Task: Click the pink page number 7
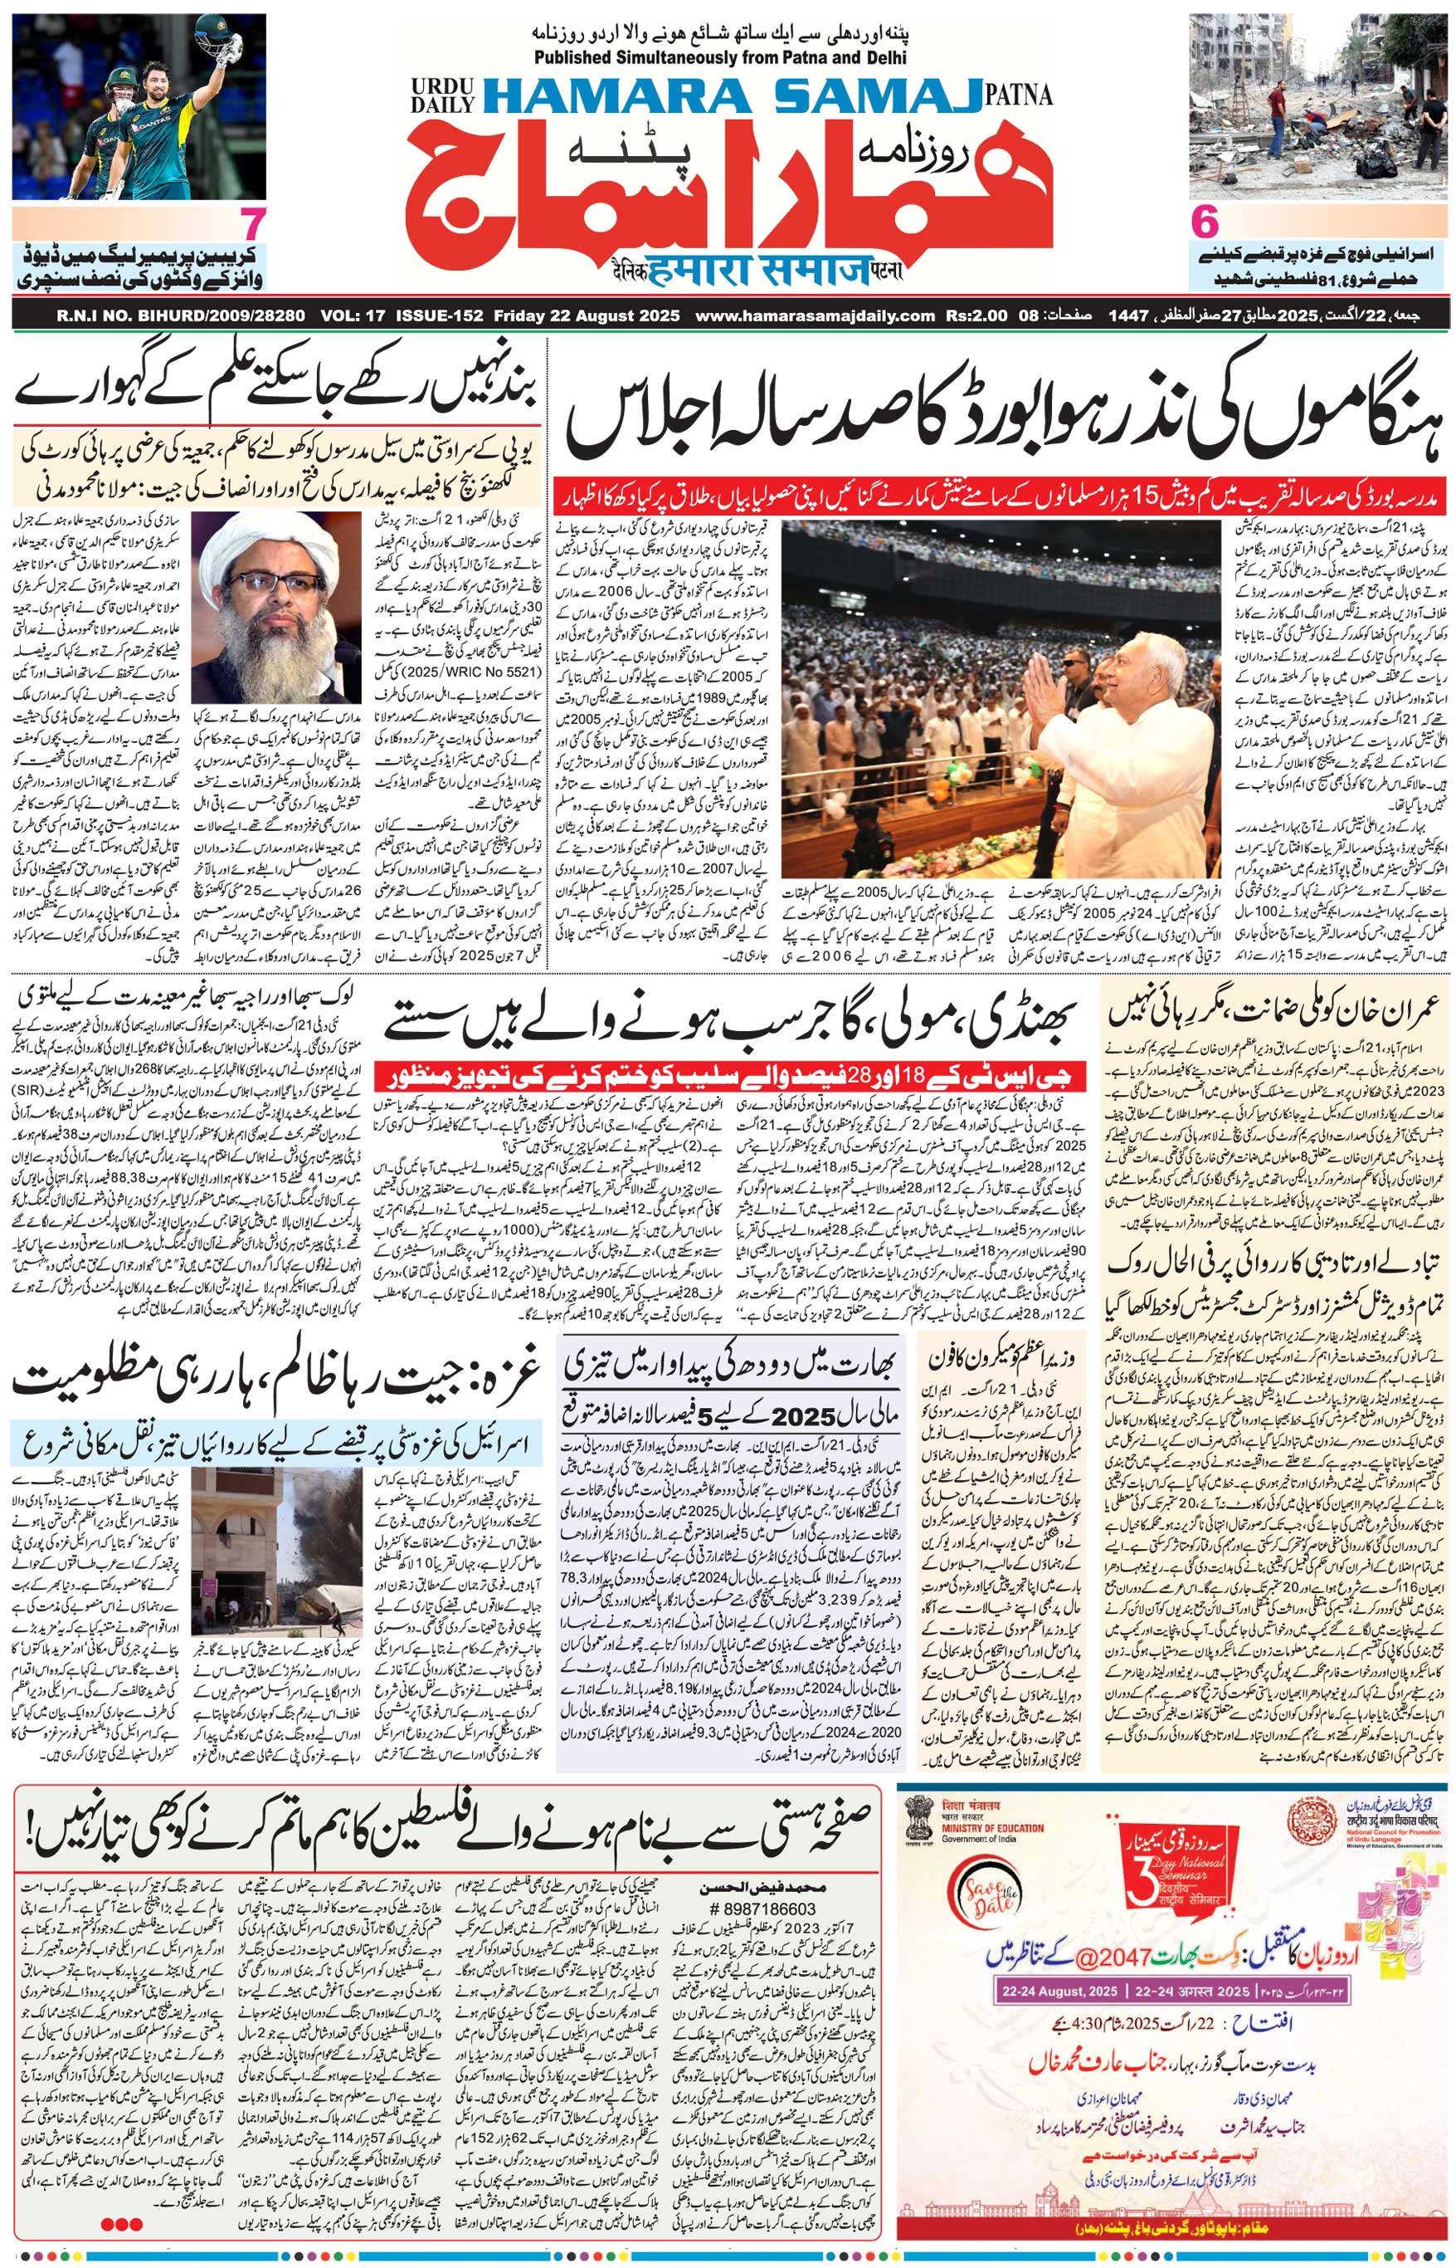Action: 251,226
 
